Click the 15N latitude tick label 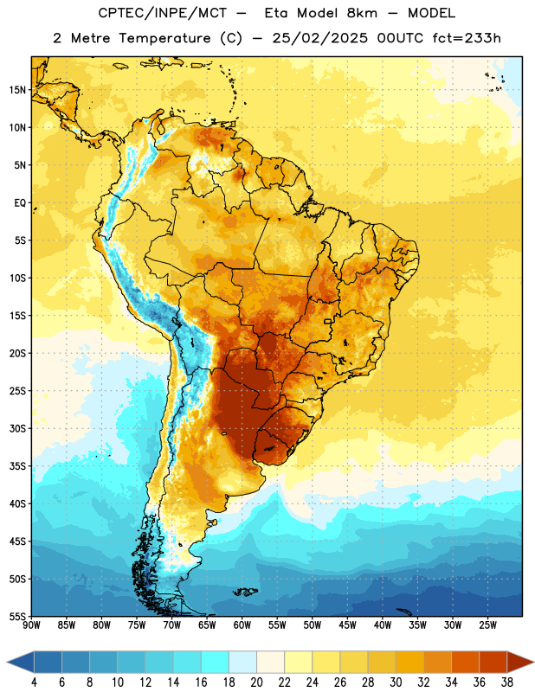(17, 90)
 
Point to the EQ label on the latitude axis (20, 203)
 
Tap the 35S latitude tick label (17, 466)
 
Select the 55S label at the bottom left (17, 616)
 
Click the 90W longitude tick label (31, 625)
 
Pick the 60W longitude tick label (242, 625)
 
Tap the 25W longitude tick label (487, 625)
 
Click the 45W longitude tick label (348, 625)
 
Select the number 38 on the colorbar (507, 682)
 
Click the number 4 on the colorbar (34, 682)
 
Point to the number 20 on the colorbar (256, 682)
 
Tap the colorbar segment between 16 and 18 (215, 663)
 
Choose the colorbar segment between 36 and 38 (493, 663)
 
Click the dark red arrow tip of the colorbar (533, 663)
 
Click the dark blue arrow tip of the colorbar (8, 663)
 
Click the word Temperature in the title (164, 38)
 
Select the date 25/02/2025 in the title (319, 38)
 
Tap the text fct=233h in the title (467, 38)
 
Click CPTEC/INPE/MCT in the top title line (163, 13)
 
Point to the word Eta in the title (277, 13)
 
